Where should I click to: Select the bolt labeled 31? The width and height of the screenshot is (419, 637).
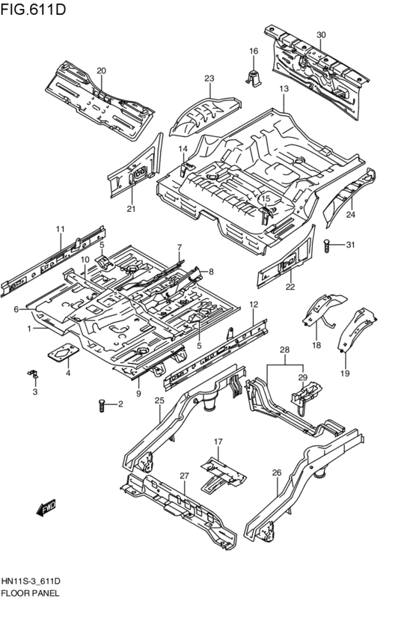click(x=329, y=244)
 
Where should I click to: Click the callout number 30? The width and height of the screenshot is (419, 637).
click(x=321, y=35)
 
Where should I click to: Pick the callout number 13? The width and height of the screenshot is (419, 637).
click(x=284, y=89)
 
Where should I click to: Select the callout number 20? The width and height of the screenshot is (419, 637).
click(x=101, y=71)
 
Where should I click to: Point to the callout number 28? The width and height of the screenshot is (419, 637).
click(x=284, y=350)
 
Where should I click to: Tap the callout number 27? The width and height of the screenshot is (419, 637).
click(x=184, y=475)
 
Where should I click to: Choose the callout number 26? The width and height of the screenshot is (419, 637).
click(x=276, y=472)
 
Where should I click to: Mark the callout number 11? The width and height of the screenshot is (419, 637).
click(x=60, y=228)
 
